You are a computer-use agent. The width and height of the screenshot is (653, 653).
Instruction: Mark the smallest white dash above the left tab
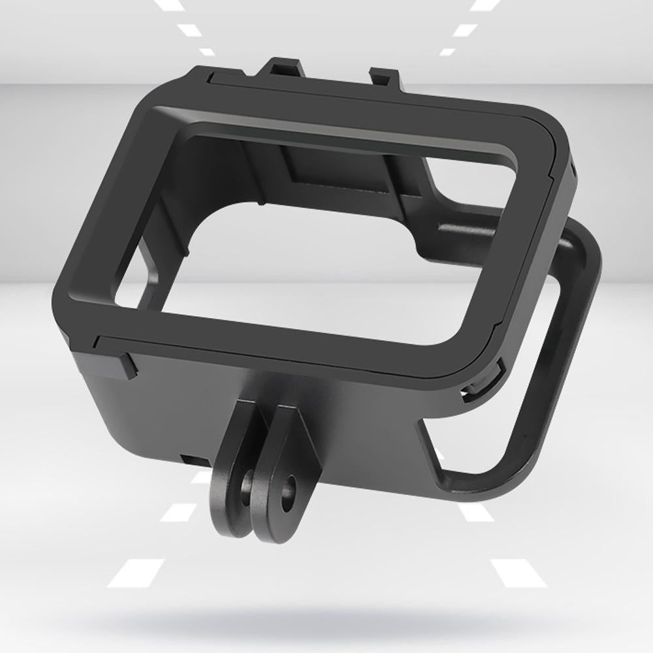(207, 52)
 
